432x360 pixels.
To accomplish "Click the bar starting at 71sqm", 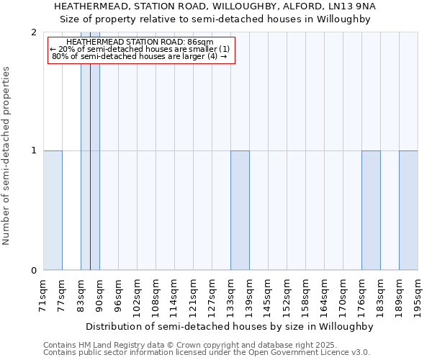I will (53, 210).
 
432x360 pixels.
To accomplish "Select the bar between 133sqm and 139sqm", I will (240, 210).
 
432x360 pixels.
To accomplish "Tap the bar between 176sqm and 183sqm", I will (371, 210).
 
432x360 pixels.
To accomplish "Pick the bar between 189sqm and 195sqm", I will (408, 210).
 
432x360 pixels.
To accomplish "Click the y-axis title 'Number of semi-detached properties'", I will (6, 156).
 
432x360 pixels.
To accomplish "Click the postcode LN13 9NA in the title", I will (360, 6).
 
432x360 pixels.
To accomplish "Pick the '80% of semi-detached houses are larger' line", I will (135, 56).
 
